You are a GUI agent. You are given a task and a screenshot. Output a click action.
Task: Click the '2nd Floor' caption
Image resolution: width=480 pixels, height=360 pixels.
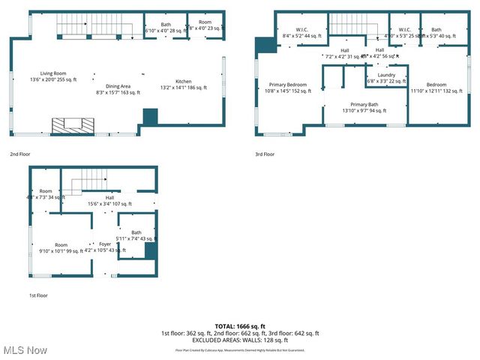19,154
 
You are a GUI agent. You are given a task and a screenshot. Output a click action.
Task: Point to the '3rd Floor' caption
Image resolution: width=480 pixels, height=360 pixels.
265,154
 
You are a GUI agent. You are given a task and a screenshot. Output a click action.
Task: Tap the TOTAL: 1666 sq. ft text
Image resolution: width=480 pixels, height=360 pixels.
240,326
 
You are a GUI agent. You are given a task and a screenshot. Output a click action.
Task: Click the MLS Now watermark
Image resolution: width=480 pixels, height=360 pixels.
24,350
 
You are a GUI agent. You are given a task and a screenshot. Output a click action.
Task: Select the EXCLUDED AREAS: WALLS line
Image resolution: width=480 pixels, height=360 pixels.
240,340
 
